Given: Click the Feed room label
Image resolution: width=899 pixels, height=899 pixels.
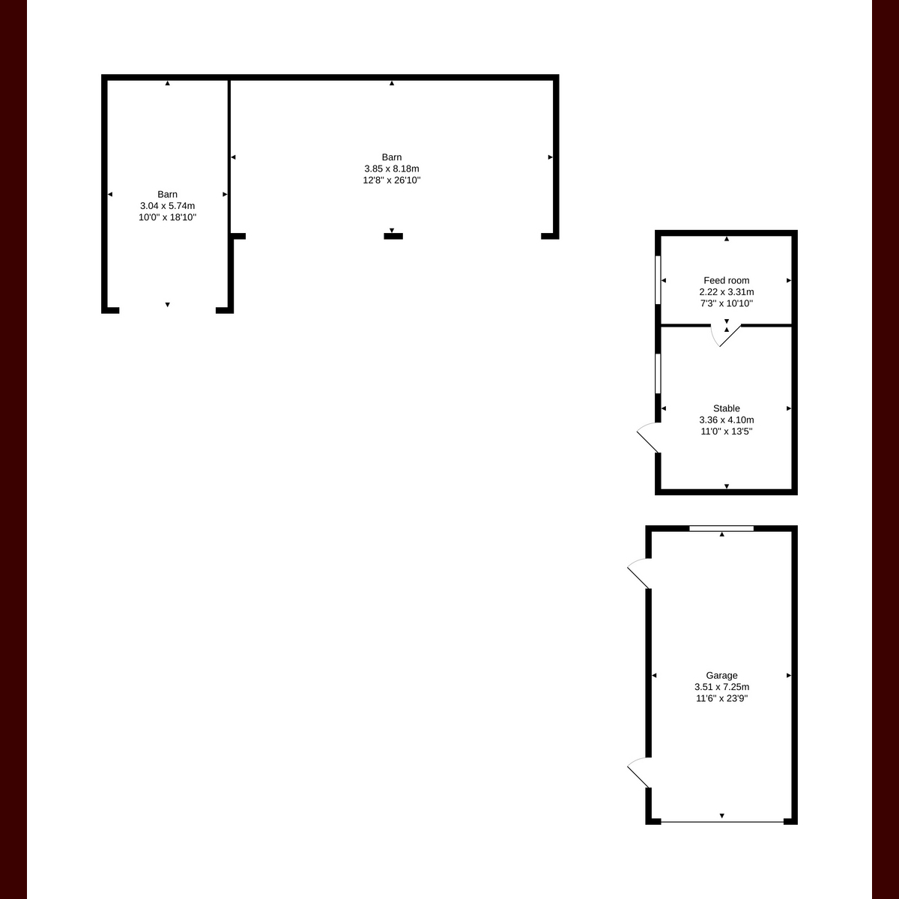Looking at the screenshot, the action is [x=727, y=280].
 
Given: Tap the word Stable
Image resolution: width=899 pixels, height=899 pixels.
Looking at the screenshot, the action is [x=727, y=408].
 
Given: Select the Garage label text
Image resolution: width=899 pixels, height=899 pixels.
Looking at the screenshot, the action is [x=721, y=675].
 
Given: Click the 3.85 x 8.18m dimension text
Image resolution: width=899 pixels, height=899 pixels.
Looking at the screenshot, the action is [x=392, y=169].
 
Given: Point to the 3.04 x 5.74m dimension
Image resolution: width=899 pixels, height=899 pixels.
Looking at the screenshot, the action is [x=168, y=206].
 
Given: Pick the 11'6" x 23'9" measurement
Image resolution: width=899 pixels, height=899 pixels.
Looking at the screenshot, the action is [x=721, y=698].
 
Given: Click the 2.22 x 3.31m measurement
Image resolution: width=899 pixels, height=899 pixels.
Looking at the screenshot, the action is [x=727, y=292].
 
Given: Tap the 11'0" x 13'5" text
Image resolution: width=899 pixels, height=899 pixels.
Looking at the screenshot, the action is [x=727, y=432].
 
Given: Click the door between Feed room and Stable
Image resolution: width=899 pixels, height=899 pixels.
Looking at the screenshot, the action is [x=725, y=336].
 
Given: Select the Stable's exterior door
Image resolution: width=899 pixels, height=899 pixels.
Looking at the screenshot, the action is [x=649, y=438].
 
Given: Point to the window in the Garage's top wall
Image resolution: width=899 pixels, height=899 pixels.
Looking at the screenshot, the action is [x=721, y=529].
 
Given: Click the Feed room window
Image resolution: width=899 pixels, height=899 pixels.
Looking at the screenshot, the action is [x=658, y=280].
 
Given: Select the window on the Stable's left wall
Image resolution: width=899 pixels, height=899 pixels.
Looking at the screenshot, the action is [x=658, y=373].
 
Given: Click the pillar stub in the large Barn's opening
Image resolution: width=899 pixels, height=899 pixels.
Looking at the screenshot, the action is [x=393, y=237].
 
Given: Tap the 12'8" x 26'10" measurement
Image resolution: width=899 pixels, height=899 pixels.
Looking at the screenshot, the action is [x=392, y=180].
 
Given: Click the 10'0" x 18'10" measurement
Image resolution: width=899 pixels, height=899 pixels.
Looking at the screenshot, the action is [x=168, y=217].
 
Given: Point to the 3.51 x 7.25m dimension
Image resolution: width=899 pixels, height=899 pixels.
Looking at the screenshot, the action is [x=721, y=687].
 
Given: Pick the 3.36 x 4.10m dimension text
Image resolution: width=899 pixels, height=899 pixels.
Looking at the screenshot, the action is [x=727, y=420].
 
